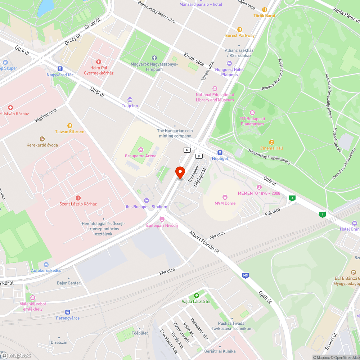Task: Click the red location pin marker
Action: click(x=180, y=172)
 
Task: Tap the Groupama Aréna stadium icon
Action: click(x=140, y=150)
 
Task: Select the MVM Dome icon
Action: click(x=225, y=197)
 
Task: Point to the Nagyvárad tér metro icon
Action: click(x=60, y=69)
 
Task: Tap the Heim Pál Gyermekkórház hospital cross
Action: click(x=98, y=62)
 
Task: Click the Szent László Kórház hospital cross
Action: click(x=78, y=198)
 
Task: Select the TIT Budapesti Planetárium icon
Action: click(x=252, y=113)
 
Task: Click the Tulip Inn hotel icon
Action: click(x=130, y=99)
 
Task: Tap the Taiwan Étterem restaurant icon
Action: click(x=69, y=125)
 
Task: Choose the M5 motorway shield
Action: click(x=246, y=276)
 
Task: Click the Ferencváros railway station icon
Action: click(x=67, y=312)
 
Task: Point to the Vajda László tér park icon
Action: click(x=196, y=295)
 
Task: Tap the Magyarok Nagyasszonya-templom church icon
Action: click(x=154, y=58)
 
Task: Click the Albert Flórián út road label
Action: click(x=204, y=242)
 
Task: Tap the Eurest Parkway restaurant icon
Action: click(x=240, y=30)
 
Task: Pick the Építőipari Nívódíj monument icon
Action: click(x=162, y=219)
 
